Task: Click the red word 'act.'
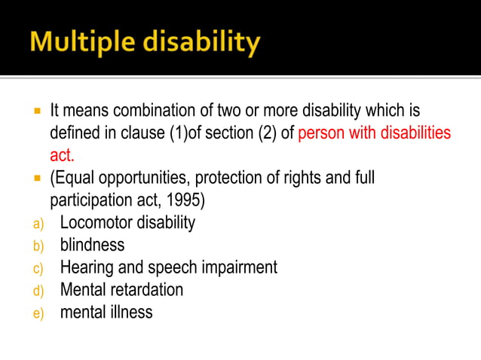[x=62, y=156]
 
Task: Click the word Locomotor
[x=93, y=223]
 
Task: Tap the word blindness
[x=92, y=246]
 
